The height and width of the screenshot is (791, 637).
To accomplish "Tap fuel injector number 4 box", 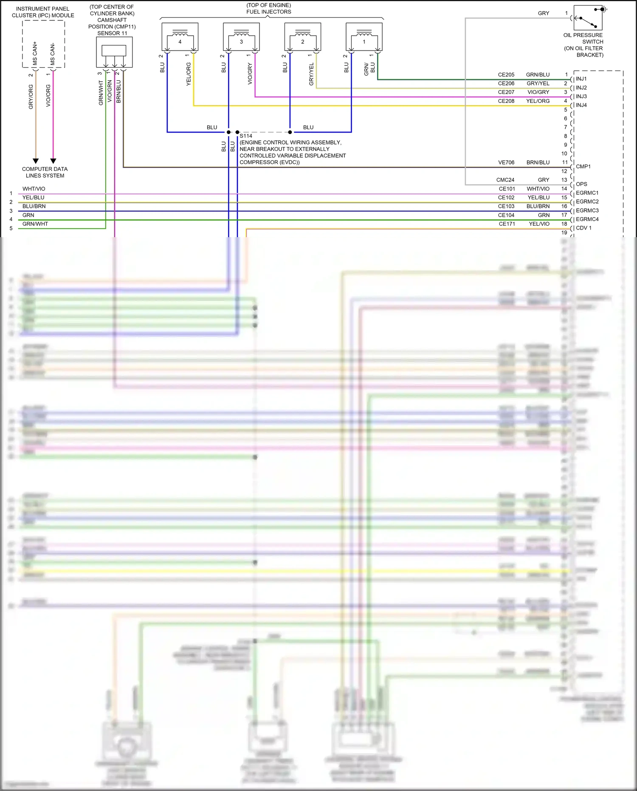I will [180, 37].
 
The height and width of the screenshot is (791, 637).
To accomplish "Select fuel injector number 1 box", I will [364, 37].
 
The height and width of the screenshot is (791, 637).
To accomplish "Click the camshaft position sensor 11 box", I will [114, 52].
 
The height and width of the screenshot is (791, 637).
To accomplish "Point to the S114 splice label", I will [246, 136].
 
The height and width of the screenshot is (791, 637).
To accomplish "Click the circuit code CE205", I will [506, 75].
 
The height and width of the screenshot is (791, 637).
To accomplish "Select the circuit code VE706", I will [506, 162].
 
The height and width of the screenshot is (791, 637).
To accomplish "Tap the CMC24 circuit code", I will [505, 180].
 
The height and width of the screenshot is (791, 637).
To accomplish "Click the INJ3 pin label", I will [581, 96].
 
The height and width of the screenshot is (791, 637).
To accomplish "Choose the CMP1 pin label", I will [583, 167].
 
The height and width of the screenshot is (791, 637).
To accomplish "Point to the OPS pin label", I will [581, 184].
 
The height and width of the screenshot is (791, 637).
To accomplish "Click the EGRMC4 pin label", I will [587, 219].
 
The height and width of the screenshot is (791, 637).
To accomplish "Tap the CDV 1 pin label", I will [583, 228].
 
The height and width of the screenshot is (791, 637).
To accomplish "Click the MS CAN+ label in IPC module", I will [35, 54].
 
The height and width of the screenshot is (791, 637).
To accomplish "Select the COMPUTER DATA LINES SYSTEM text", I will [45, 172].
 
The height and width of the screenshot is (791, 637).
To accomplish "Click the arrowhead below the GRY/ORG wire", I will [36, 161].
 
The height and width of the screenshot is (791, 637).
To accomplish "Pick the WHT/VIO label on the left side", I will [34, 189].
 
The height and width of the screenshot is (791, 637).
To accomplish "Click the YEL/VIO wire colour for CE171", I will [539, 224].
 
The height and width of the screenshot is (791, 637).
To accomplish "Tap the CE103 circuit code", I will [506, 206].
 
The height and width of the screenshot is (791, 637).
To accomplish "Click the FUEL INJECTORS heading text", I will [268, 12].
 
